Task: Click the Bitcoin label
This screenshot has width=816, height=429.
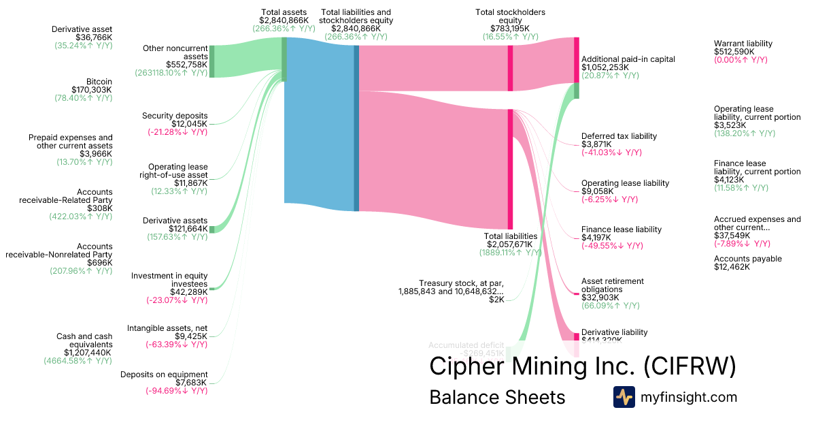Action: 99,81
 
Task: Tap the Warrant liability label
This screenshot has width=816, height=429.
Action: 743,44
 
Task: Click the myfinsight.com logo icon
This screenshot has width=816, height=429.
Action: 624,397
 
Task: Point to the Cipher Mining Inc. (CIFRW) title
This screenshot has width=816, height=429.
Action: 582,366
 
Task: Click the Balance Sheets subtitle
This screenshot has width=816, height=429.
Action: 497,397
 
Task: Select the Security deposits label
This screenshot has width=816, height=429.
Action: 175,116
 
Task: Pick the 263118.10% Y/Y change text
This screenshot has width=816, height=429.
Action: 171,73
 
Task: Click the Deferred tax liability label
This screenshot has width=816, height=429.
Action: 619,136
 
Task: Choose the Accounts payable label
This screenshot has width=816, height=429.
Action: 748,259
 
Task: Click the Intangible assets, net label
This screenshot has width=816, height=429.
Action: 167,328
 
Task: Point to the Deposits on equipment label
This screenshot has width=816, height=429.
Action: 164,375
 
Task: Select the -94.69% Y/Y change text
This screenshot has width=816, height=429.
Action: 176,391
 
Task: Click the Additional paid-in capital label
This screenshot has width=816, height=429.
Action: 628,59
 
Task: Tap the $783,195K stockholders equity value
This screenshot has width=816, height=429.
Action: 509,29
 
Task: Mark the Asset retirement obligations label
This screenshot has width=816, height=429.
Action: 613,285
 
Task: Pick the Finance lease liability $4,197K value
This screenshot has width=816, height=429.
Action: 596,238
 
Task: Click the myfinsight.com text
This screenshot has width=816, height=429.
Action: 689,397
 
